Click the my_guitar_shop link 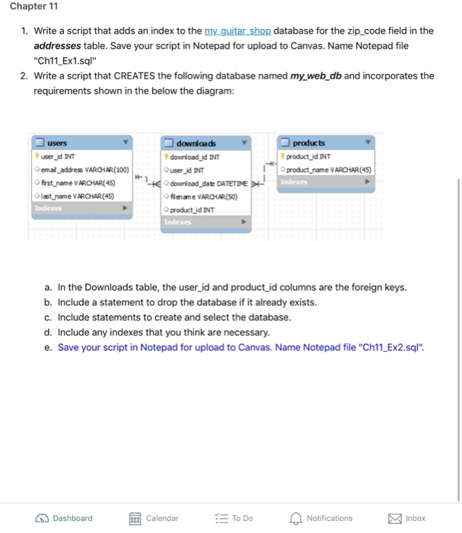pyautogui.click(x=238, y=30)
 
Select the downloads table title pyautogui.click(x=196, y=143)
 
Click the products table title pyautogui.click(x=307, y=143)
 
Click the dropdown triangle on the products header pyautogui.click(x=368, y=143)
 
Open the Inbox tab pyautogui.click(x=393, y=518)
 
